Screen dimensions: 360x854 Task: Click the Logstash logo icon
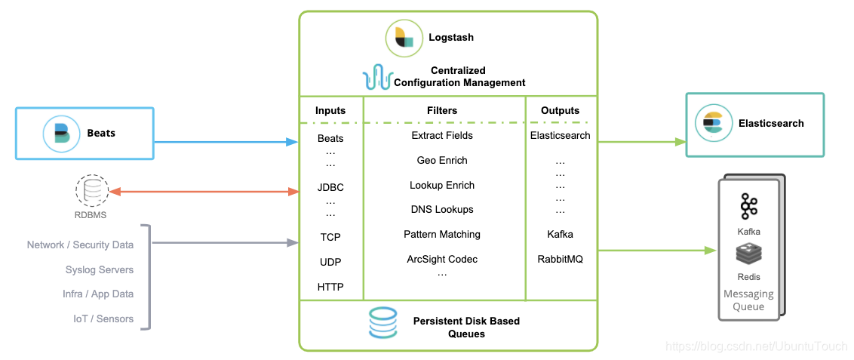[x=404, y=38]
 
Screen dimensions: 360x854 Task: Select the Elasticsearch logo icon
[x=712, y=124]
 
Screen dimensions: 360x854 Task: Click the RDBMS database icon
[x=91, y=191]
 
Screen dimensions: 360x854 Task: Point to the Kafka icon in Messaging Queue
[x=748, y=205]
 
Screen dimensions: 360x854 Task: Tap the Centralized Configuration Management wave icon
[x=377, y=77]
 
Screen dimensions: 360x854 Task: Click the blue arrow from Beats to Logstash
[x=226, y=141]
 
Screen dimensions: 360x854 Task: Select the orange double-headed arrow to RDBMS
[x=204, y=192]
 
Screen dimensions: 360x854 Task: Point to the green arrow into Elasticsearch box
[x=641, y=141]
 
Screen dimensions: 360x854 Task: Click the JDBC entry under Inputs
[x=330, y=187]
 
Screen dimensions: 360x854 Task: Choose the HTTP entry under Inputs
[x=330, y=287]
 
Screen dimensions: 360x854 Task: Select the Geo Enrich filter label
[x=442, y=160]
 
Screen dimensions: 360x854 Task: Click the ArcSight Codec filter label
[x=442, y=259]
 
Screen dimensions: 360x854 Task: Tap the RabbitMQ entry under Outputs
[x=560, y=259]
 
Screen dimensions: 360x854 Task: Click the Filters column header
[x=442, y=110]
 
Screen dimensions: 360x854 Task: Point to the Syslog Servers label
[x=100, y=269]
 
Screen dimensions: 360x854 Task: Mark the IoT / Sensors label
[x=103, y=318]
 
